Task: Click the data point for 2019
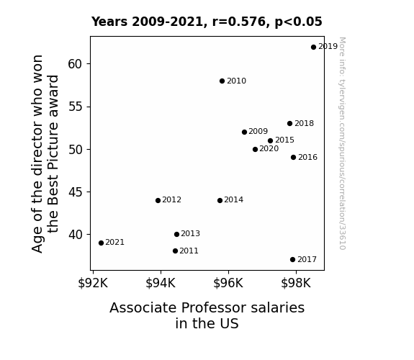pyautogui.click(x=313, y=47)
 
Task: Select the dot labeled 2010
pyautogui.click(x=222, y=81)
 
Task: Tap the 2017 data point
pyautogui.click(x=292, y=260)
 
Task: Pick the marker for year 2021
pyautogui.click(x=101, y=243)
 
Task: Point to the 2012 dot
pyautogui.click(x=158, y=200)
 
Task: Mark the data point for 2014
pyautogui.click(x=220, y=200)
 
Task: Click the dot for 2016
pyautogui.click(x=293, y=158)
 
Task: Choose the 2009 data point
pyautogui.click(x=245, y=132)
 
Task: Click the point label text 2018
pyautogui.click(x=304, y=123)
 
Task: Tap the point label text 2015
pyautogui.click(x=284, y=140)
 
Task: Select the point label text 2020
pyautogui.click(x=269, y=149)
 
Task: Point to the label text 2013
pyautogui.click(x=190, y=233)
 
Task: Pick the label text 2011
pyautogui.click(x=189, y=251)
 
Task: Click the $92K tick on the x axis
pyautogui.click(x=93, y=284)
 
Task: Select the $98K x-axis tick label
pyautogui.click(x=296, y=284)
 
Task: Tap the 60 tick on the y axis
pyautogui.click(x=76, y=64)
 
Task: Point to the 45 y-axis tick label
pyautogui.click(x=76, y=192)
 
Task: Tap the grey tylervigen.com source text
pyautogui.click(x=342, y=143)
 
